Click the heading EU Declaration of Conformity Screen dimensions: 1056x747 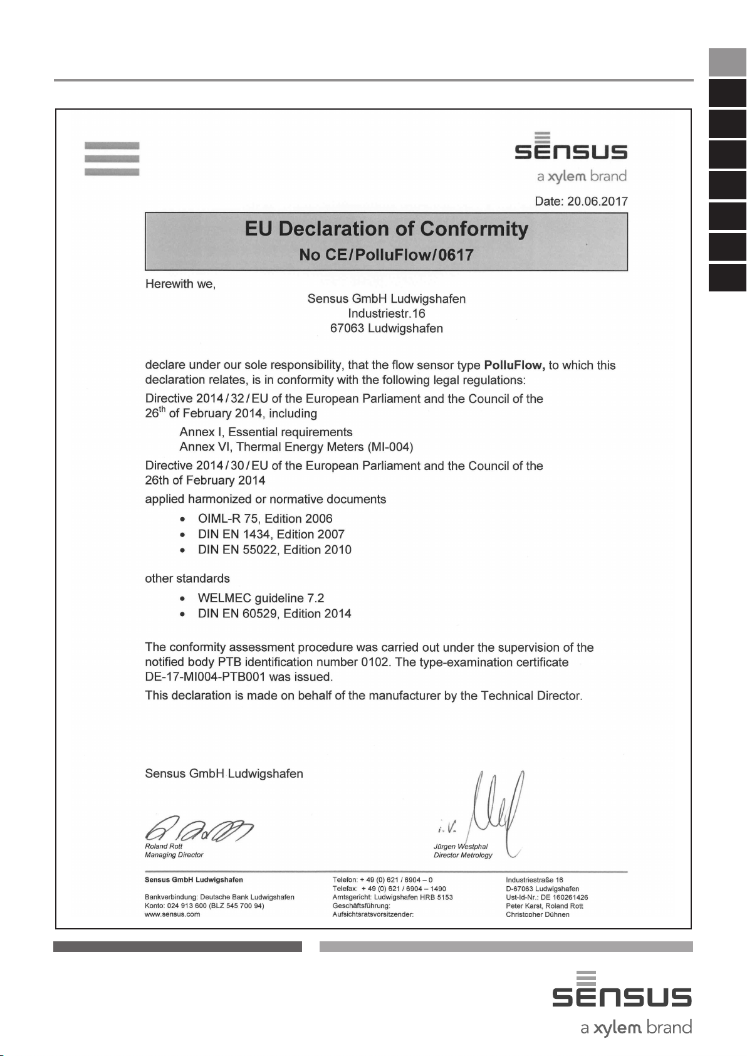386,229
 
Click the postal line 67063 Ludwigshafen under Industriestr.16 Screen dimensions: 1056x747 386,328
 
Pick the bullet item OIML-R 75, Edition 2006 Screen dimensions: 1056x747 264,519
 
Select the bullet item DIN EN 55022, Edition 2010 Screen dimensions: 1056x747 274,550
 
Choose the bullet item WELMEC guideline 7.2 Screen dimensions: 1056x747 261,599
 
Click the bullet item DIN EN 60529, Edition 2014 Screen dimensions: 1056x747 274,614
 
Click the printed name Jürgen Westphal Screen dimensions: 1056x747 461,847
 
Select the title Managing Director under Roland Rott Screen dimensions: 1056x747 174,855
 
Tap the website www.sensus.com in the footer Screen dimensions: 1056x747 172,914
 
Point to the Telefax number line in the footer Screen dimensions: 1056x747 389,889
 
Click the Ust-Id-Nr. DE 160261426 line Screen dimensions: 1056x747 546,897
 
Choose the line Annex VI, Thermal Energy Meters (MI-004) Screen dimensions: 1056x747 296,447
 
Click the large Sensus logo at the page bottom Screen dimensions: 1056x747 622,996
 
